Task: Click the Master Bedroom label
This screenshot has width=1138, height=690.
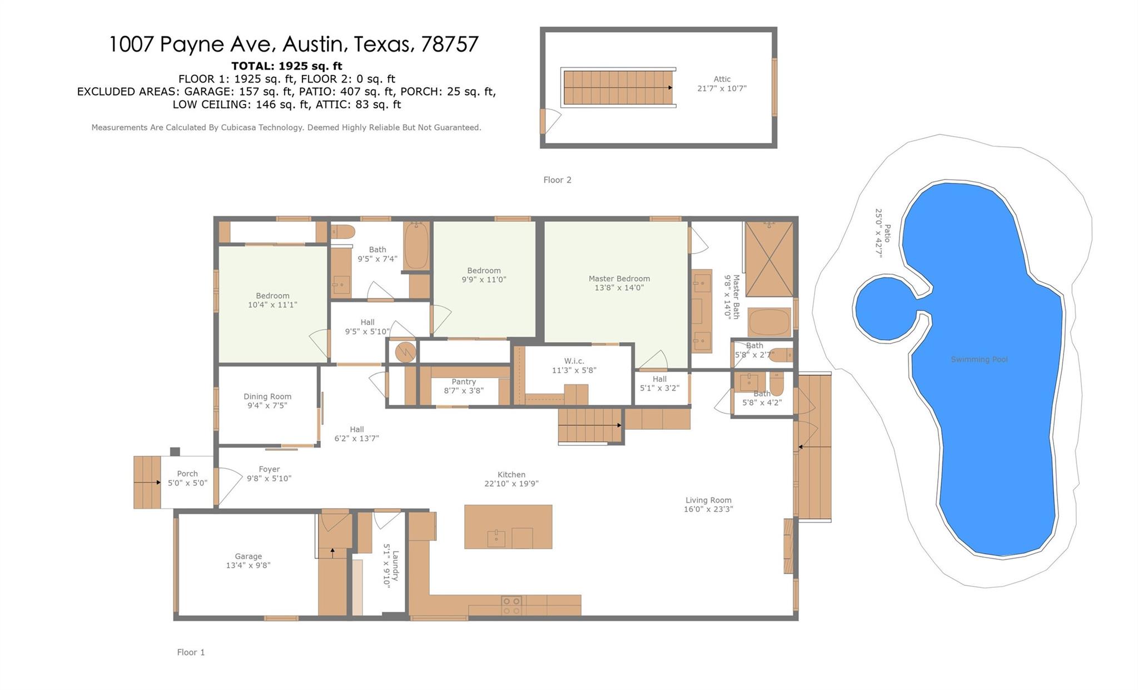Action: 619,279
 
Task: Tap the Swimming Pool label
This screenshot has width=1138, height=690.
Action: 979,359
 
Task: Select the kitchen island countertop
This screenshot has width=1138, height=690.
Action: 508,527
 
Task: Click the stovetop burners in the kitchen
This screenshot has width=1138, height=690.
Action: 511,605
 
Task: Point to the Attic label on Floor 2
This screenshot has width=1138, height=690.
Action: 722,79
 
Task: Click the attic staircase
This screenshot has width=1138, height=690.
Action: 618,88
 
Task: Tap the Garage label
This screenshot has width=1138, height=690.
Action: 248,556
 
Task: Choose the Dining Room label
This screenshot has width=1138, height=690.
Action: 267,396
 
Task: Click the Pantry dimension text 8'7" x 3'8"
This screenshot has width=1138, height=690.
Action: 464,390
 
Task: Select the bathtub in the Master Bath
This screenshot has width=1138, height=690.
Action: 769,322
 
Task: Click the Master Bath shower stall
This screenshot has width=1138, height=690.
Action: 769,259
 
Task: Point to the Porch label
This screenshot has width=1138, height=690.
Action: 187,474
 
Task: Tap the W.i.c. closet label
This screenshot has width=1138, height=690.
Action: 574,361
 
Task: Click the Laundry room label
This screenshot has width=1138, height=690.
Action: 395,565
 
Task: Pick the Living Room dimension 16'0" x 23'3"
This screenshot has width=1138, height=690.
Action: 708,509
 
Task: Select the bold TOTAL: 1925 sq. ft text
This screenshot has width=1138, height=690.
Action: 287,66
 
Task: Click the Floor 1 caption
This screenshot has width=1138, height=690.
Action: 191,652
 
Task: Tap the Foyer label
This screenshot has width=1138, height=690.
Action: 269,469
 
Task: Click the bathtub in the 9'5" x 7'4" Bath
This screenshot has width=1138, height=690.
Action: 416,246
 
